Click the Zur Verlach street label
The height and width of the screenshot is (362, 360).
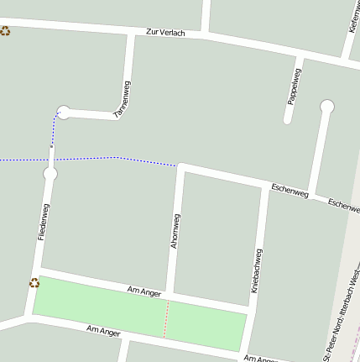(x=164, y=32)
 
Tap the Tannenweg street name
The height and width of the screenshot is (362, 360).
(x=122, y=98)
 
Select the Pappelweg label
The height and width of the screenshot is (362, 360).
(x=294, y=86)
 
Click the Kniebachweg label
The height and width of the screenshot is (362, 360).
(x=257, y=270)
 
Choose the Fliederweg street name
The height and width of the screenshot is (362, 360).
(x=44, y=222)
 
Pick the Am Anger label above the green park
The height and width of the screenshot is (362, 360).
(x=143, y=291)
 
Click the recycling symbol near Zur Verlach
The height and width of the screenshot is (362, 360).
(x=5, y=31)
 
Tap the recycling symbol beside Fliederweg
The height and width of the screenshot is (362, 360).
(x=34, y=283)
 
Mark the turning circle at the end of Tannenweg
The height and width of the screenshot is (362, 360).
(x=64, y=111)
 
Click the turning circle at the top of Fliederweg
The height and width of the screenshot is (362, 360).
(x=50, y=174)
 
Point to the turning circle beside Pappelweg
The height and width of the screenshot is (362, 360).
(x=326, y=106)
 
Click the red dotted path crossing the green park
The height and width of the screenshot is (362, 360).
(x=166, y=319)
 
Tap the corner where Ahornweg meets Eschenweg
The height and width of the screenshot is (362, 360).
(x=180, y=167)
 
